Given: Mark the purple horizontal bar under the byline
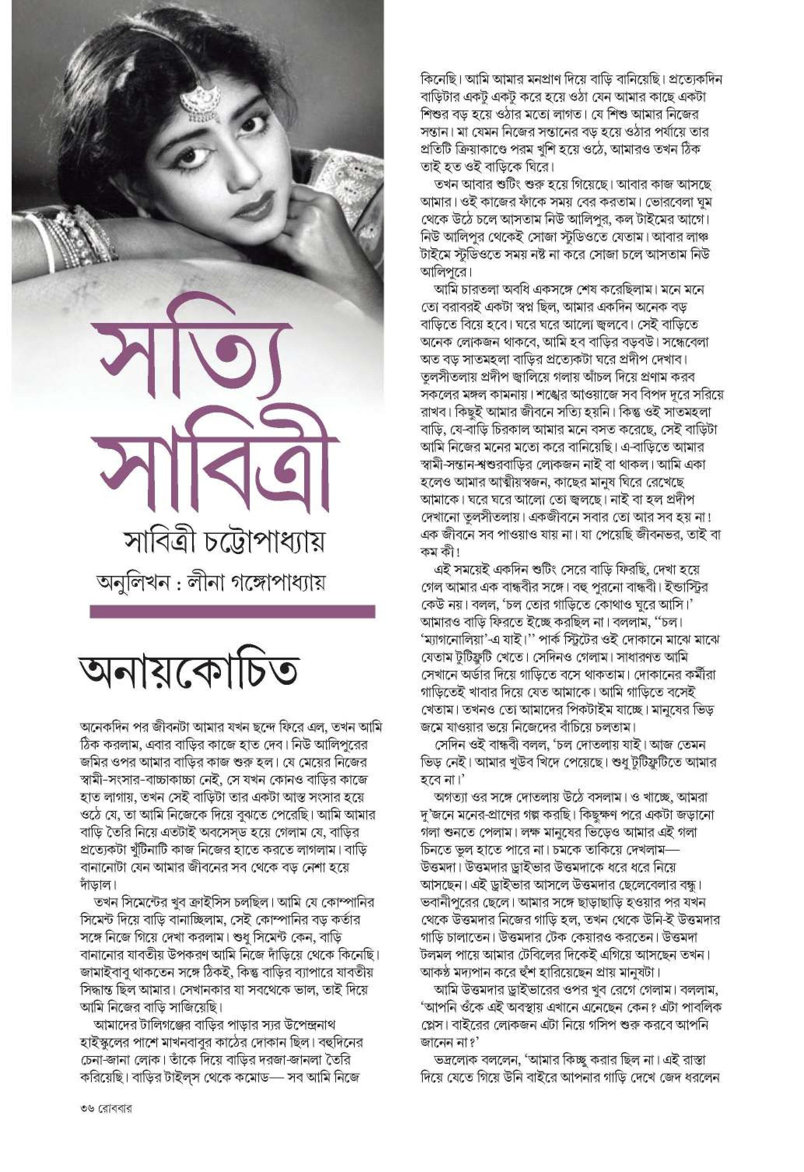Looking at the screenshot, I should [x=232, y=612].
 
